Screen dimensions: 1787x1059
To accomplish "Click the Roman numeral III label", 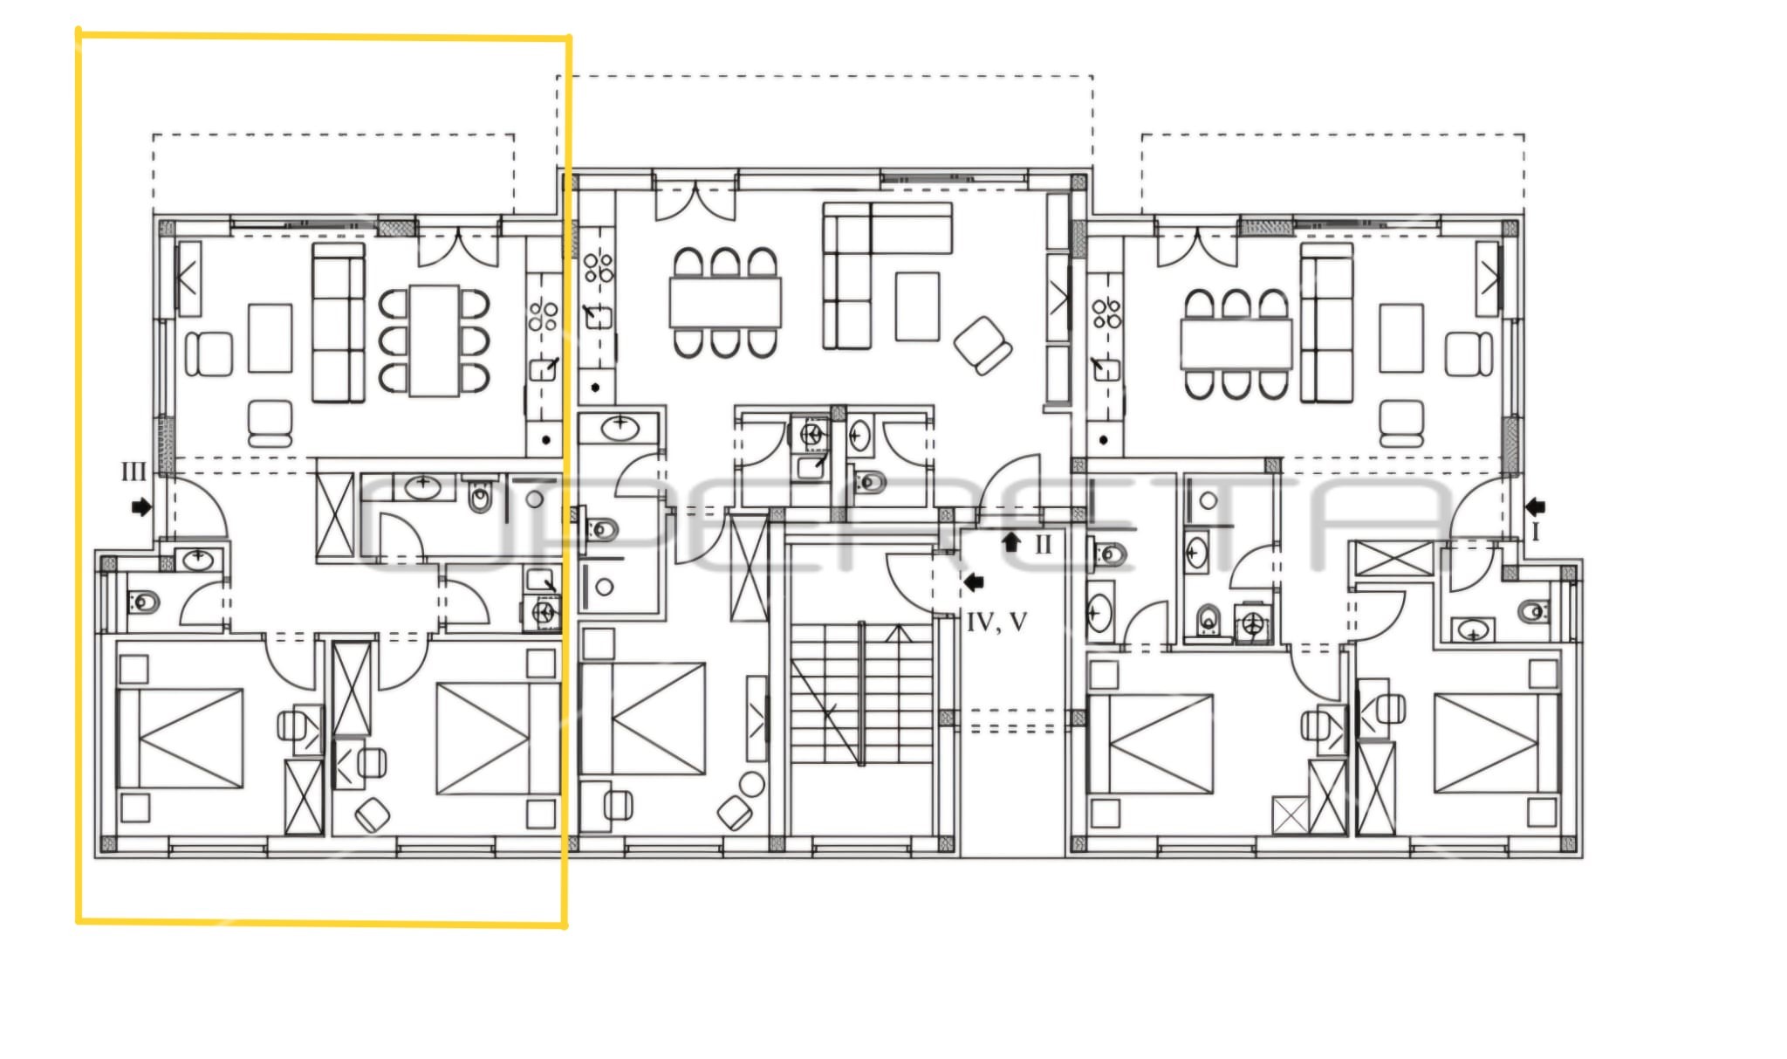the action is tap(134, 472).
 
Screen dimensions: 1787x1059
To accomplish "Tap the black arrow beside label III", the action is tap(140, 506).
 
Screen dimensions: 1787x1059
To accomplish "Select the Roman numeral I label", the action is tap(1536, 532).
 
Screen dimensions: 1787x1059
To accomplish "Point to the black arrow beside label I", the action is tap(1536, 506).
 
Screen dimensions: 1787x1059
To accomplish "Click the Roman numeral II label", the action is tap(1044, 545).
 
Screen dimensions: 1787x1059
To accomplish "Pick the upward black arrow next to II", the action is tap(1011, 542).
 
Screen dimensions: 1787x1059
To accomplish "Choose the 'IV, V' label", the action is tap(996, 622).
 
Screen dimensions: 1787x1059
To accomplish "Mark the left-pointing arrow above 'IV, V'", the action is tap(974, 581).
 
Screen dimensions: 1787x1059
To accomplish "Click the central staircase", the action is tap(861, 694).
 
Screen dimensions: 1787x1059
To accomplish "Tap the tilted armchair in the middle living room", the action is tap(983, 346).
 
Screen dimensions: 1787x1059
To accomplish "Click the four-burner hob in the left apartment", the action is tap(543, 315).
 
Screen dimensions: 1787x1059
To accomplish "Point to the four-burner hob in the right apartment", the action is tap(1107, 313).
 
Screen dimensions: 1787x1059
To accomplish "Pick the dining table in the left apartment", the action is tap(435, 340).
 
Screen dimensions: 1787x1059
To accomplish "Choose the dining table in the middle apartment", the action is tap(725, 302).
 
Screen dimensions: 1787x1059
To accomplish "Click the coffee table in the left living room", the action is tap(270, 338).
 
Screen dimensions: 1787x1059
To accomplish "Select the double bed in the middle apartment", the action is tap(642, 719).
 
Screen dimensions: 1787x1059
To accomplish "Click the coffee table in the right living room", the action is tap(1401, 338).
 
